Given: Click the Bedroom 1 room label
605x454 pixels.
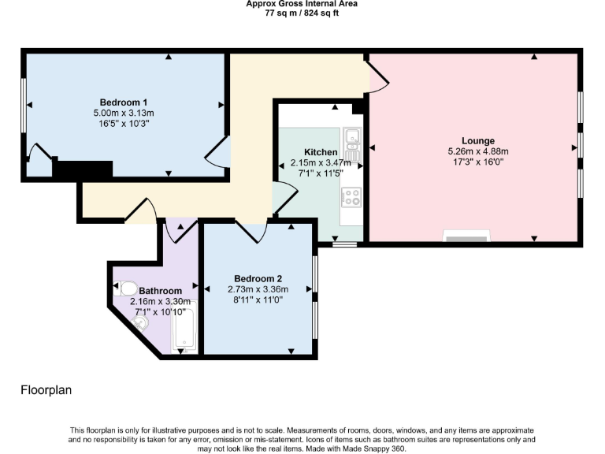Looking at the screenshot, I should [x=124, y=102].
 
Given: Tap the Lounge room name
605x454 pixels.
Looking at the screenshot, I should [x=479, y=141].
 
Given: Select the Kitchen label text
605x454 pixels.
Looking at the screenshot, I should [x=321, y=152].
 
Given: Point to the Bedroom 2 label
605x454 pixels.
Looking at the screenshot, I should [x=258, y=278].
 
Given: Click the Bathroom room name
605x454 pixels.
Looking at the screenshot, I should [x=161, y=291].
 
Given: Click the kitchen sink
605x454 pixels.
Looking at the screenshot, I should [x=351, y=140].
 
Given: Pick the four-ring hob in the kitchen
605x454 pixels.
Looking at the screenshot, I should [x=351, y=196].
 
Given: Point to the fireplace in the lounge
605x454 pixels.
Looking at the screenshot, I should [x=466, y=236].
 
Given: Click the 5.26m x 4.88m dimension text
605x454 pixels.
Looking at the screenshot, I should [x=478, y=151].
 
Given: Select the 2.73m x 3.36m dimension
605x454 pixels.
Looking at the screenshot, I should [x=258, y=289].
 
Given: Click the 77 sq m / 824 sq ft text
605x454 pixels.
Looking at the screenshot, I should [x=302, y=13].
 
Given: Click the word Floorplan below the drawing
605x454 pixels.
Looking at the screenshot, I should [x=46, y=390].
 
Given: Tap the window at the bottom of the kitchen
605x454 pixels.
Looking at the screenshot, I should [x=343, y=244].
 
